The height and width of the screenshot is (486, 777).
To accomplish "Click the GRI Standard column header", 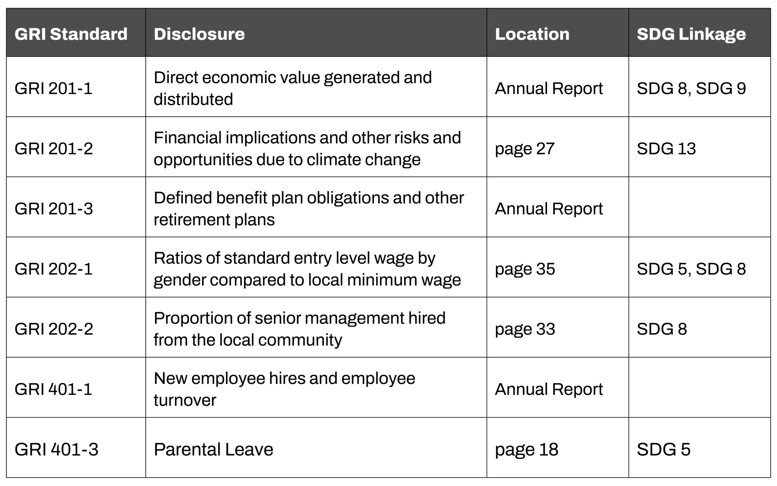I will pos(71,34).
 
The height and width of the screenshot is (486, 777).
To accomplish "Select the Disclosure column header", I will pos(199,34).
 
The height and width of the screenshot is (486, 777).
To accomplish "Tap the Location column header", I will pos(532,34).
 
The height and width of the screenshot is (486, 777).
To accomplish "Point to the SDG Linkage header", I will pos(691,34).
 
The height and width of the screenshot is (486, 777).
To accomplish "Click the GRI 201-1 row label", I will pos(53,88).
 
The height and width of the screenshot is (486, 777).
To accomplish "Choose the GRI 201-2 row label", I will pos(53,148).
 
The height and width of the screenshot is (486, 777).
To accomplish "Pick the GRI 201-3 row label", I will pos(53,209).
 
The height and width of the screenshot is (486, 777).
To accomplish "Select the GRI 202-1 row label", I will pos(53,269).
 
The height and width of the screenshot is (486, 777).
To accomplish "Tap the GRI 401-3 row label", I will pos(56,450).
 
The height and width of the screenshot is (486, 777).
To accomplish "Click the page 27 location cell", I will pos(525,148).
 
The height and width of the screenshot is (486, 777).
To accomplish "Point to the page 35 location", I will pos(525,269).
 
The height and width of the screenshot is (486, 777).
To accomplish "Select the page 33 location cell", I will pos(525,329).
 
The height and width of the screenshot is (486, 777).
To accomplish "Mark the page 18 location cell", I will pos(526,450).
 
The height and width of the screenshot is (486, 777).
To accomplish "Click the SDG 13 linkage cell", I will pos(666,148).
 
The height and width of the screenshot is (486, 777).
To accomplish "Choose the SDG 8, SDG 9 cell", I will pos(691,88).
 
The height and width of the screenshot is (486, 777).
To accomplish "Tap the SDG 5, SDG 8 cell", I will pos(691,269).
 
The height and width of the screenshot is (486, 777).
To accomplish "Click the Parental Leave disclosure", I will pos(213,450).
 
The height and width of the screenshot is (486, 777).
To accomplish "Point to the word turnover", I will pos(185,400).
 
